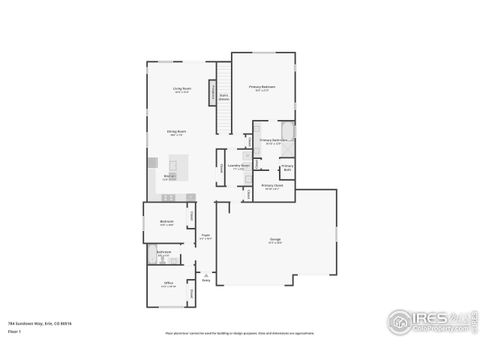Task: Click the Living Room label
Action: tap(182, 90)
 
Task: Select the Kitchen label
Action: tap(171, 177)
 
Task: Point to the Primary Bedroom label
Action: tap(262, 88)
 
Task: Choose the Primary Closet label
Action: tap(272, 186)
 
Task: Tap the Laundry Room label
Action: tap(238, 166)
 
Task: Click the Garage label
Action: tap(274, 240)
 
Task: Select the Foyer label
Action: tap(205, 237)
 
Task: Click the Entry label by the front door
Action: tap(206, 281)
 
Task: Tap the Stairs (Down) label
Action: tap(224, 98)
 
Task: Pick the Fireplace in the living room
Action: tap(213, 93)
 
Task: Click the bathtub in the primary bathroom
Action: tap(288, 132)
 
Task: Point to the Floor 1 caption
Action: tap(13, 330)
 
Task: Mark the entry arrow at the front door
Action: tap(206, 275)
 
